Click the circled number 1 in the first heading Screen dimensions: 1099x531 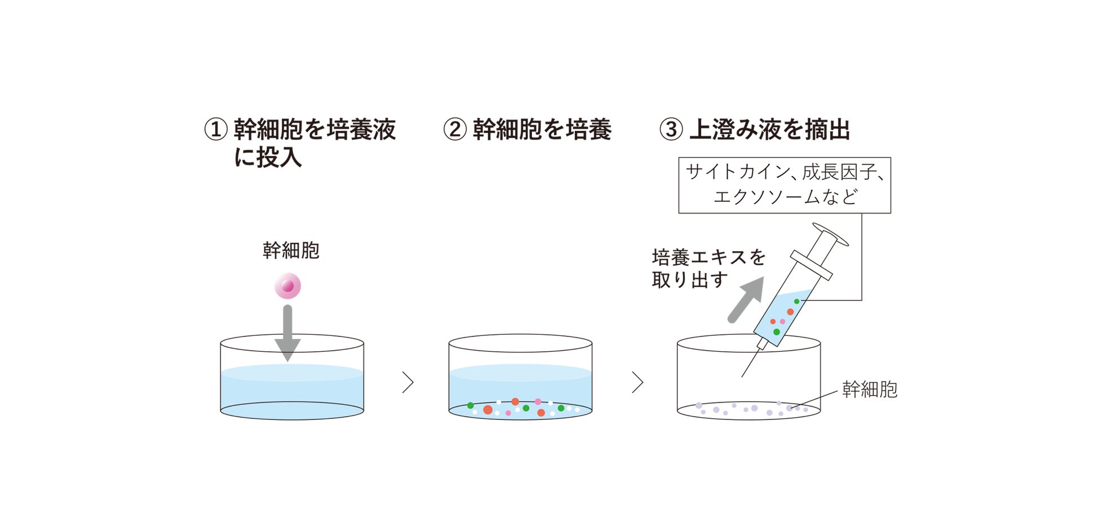coord(215,129)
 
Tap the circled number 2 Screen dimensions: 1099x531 coord(454,129)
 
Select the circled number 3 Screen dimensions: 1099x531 coord(671,129)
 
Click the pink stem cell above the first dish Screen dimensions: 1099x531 coord(287,286)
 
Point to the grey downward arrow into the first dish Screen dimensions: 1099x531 coord(287,333)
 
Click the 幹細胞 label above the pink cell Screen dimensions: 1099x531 coord(291,250)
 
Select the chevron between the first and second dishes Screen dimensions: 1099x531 coord(408,382)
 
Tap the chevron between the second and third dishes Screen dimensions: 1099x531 coord(637,382)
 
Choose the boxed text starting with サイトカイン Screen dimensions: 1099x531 coord(785,184)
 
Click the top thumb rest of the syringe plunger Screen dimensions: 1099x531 coord(830,234)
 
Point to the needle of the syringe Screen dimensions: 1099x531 coord(751,362)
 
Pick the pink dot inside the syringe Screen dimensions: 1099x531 coord(782,321)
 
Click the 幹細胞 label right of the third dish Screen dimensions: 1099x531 coord(870,390)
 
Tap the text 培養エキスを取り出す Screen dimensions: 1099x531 coord(708,268)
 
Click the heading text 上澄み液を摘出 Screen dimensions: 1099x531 coord(770,129)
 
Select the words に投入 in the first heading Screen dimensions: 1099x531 coord(268,157)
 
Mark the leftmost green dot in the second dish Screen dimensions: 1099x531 coord(471,405)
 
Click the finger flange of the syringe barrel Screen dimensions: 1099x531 coord(811,265)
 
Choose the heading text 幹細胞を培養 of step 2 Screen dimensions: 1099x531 coord(542,129)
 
